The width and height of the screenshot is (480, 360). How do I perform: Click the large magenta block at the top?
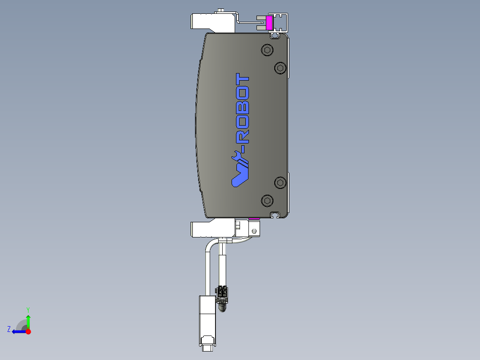click(x=269, y=23)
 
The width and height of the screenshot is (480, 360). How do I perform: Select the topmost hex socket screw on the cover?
click(x=267, y=50)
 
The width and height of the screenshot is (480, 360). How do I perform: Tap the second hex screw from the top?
click(x=280, y=68)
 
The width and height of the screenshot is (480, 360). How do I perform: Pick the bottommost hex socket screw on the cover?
click(x=267, y=200)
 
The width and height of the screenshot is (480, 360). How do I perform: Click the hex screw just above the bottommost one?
click(x=280, y=182)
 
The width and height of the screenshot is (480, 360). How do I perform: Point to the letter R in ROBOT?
click(x=243, y=136)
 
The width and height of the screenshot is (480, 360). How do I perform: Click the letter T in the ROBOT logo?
click(x=243, y=79)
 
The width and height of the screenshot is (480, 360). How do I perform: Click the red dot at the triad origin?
click(x=28, y=331)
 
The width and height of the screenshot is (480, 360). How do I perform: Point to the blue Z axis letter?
click(x=9, y=329)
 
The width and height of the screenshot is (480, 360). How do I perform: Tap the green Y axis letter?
click(x=28, y=309)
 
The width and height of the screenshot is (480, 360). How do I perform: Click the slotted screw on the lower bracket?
click(x=254, y=231)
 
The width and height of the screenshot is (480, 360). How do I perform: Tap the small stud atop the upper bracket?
click(x=221, y=10)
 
